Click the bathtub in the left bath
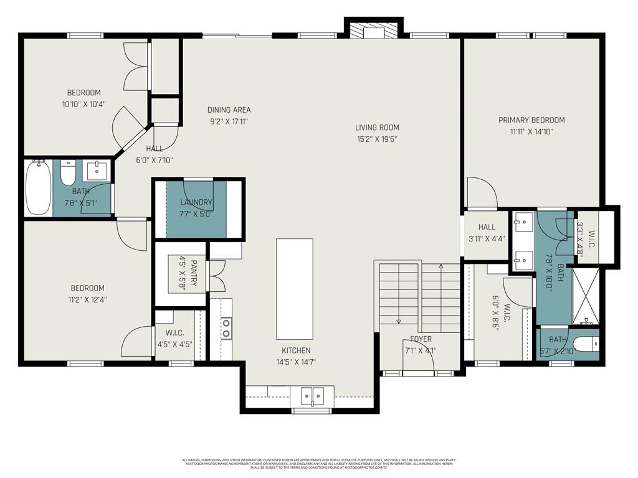38,187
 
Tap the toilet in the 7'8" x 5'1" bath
68,172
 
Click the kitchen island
294,289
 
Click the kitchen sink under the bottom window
312,395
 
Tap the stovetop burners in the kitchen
226,328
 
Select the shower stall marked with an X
585,296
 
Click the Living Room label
377,128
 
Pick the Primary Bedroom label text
531,120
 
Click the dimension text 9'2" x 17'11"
229,121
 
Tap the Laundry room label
196,202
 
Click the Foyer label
421,339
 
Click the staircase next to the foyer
419,297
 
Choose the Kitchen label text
295,350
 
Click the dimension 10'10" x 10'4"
83,104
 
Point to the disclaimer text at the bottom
318,464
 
